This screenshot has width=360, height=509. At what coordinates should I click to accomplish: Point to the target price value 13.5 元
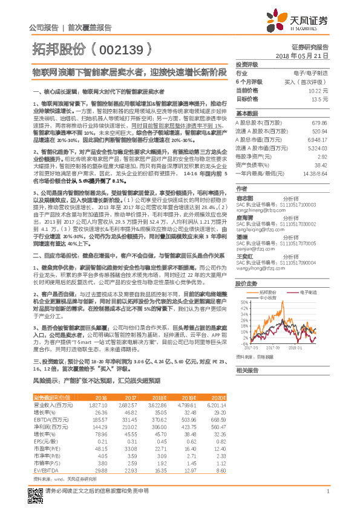click(x=320, y=98)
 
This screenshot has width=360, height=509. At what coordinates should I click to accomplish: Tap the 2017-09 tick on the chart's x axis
click(x=273, y=348)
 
